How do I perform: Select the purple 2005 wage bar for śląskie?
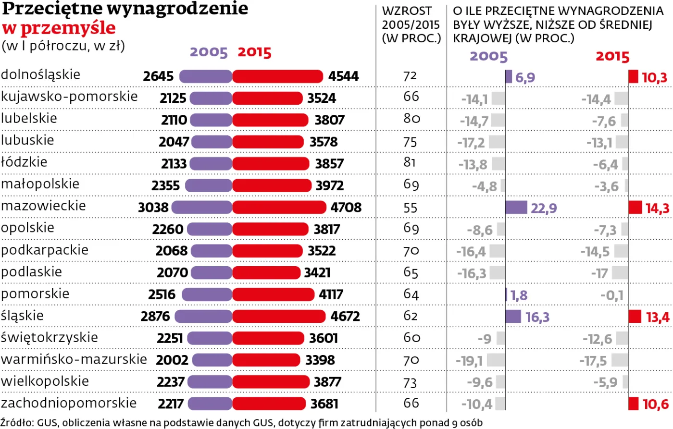pos(204,317)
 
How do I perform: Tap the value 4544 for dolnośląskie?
pos(343,76)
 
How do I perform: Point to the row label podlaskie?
pos(31,272)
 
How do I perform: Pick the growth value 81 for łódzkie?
pos(410,163)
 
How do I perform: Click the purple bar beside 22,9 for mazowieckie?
pos(516,208)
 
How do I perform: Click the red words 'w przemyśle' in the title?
pos(59,28)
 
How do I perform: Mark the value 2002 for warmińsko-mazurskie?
pos(172,360)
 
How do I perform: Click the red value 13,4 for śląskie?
pos(657,317)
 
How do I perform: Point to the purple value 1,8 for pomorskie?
pos(519,295)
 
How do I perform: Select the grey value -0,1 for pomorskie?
pos(611,295)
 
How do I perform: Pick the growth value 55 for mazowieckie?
pos(411,208)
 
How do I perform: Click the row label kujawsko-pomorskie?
pos(69,97)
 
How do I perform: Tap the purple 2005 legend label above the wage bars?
pos(209,52)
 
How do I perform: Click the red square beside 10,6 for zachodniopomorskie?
pos(634,404)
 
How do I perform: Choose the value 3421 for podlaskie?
pos(317,273)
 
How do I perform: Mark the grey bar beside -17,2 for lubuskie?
pos(497,142)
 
